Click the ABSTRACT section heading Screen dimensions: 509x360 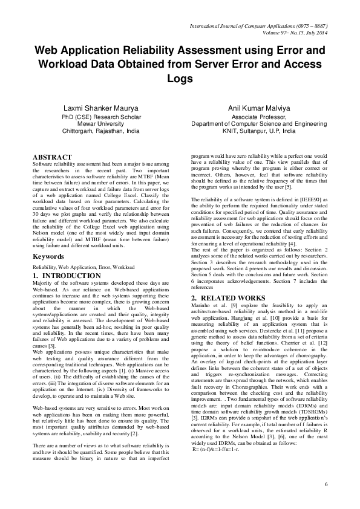point(52,157)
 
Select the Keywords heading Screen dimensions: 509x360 point(48,256)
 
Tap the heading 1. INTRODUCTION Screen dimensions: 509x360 point(67,276)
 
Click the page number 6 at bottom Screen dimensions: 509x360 point(326,484)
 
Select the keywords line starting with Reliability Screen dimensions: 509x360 point(83,266)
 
